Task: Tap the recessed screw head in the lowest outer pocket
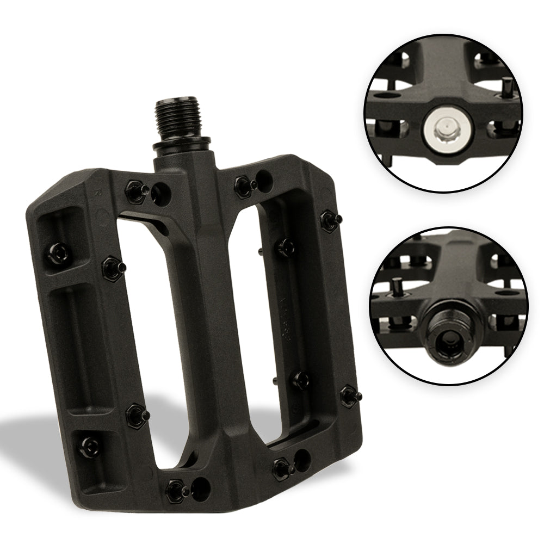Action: (87, 447)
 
